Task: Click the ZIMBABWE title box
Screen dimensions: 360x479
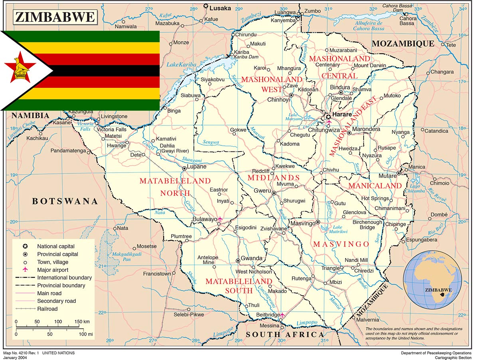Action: [55, 17]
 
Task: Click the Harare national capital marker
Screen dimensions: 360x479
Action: [328, 117]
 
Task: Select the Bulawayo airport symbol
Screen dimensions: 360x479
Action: [220, 219]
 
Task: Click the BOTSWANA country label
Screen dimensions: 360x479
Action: [65, 201]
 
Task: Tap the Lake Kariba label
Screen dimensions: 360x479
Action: [179, 64]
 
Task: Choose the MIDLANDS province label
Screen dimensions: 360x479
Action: [273, 177]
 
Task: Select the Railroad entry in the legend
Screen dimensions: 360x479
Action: [47, 309]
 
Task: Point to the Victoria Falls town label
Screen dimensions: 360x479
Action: [112, 129]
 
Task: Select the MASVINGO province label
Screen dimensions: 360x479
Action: [341, 244]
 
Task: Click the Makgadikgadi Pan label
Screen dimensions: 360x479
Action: [121, 257]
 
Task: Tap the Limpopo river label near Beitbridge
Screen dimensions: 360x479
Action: [307, 322]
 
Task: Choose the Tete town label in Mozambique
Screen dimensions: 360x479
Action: [451, 45]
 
